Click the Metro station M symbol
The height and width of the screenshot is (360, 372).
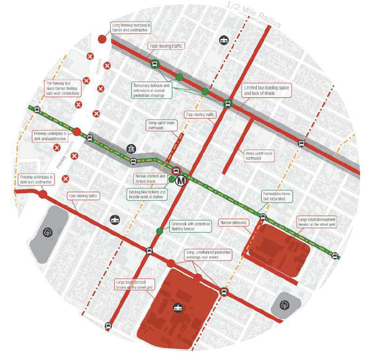pos(181,180)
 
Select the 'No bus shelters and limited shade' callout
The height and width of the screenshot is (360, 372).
pos(149,178)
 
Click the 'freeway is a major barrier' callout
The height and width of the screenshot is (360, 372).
pos(62,88)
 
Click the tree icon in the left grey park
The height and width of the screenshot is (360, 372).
pos(48,232)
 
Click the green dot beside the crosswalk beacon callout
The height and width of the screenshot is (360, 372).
pos(159,231)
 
